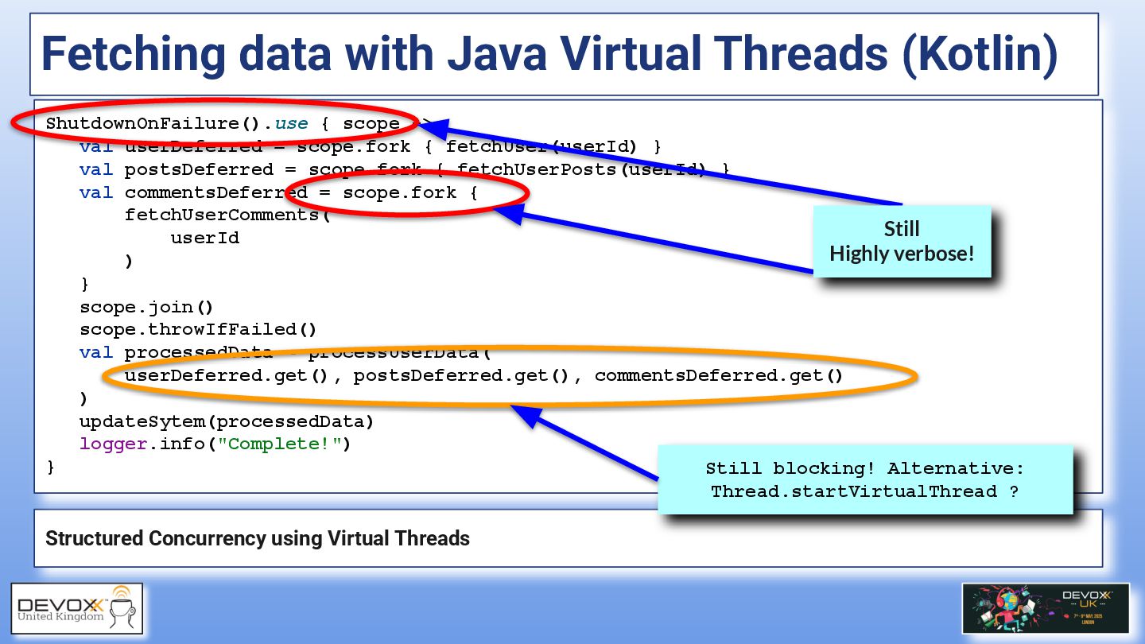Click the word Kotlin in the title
coord(979,53)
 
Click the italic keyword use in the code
coord(291,123)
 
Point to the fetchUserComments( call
coord(226,215)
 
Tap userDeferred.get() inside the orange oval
coord(226,375)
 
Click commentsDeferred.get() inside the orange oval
coord(718,375)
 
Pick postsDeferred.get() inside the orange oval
coord(461,375)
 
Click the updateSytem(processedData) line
coord(226,421)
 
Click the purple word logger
coord(113,444)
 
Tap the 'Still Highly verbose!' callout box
coord(902,242)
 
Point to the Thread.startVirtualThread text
coord(855,491)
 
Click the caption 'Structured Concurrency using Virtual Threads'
coord(258,538)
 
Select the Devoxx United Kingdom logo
coord(76,608)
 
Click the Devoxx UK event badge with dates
coord(1045,608)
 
